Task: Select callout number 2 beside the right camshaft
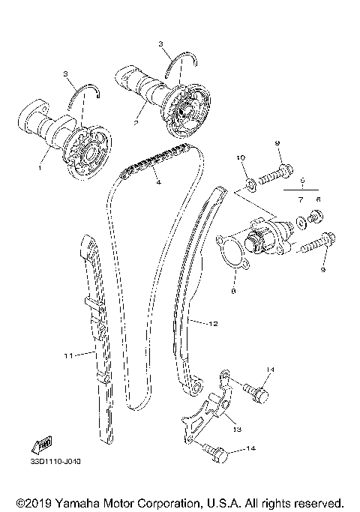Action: point(135,121)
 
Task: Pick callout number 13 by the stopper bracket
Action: point(236,430)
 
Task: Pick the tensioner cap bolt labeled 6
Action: point(316,218)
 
